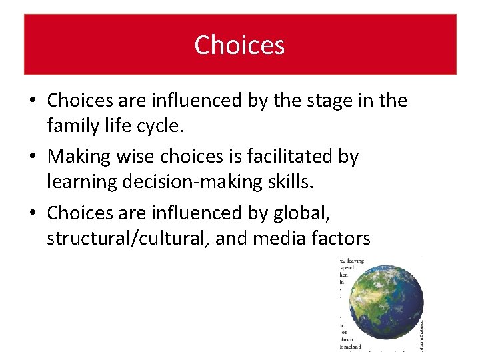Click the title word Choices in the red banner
click(x=239, y=45)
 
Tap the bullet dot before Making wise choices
click(x=33, y=157)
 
